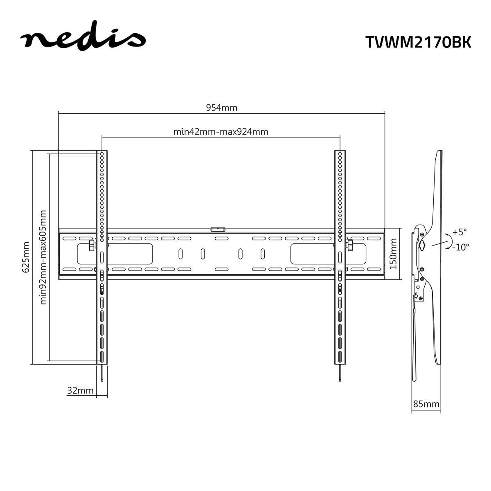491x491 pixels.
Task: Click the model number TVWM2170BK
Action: pos(418,42)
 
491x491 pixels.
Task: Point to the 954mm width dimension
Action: pos(221,108)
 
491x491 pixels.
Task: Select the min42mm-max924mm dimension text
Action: pos(221,131)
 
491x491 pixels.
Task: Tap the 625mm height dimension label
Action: pos(26,257)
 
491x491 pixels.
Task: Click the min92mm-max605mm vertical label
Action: pos(43,257)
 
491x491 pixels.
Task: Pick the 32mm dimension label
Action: pos(81,390)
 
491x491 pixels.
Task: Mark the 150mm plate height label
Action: pos(393,254)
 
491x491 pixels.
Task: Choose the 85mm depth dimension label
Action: pos(426,404)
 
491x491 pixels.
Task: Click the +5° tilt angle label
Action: pos(459,232)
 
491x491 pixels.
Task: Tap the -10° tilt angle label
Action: pos(461,247)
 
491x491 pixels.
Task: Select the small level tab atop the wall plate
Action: pos(218,230)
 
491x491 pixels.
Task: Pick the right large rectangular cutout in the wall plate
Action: pos(317,254)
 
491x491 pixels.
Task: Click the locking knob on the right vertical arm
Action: pos(350,245)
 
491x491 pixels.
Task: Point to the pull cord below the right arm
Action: pos(340,372)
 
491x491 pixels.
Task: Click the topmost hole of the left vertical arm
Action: pos(101,154)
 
